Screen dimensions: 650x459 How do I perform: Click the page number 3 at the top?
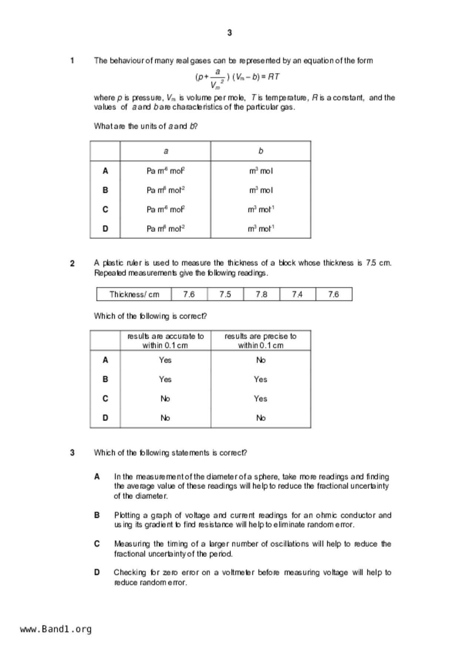click(229, 33)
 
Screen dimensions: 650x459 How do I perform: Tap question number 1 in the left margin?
click(72, 61)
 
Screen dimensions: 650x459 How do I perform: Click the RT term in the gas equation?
click(274, 77)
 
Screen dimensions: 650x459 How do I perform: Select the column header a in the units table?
click(166, 151)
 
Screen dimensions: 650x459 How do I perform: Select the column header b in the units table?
click(261, 151)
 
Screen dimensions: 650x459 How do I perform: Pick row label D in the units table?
click(105, 229)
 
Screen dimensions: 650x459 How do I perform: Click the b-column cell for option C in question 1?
click(261, 209)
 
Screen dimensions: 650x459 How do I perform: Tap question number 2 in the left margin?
click(72, 263)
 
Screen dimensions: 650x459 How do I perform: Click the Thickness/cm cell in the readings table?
click(134, 294)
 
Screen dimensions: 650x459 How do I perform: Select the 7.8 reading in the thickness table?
click(261, 294)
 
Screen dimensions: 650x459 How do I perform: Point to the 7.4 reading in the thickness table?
click(297, 294)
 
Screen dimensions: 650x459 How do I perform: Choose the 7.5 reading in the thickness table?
click(225, 294)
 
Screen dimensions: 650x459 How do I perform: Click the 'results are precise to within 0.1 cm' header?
click(260, 341)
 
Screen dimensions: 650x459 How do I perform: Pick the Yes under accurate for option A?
click(165, 360)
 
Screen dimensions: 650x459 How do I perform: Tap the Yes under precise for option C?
click(260, 399)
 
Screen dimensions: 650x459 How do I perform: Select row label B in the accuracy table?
click(105, 379)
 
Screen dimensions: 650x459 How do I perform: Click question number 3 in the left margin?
click(72, 453)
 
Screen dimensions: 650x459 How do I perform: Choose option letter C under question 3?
click(97, 544)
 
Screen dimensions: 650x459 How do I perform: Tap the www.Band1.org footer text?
click(56, 629)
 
